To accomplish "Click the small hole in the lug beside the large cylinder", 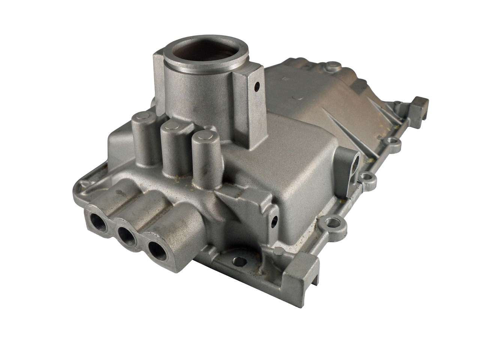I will point(257,87).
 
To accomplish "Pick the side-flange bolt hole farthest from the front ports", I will point(392,141).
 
